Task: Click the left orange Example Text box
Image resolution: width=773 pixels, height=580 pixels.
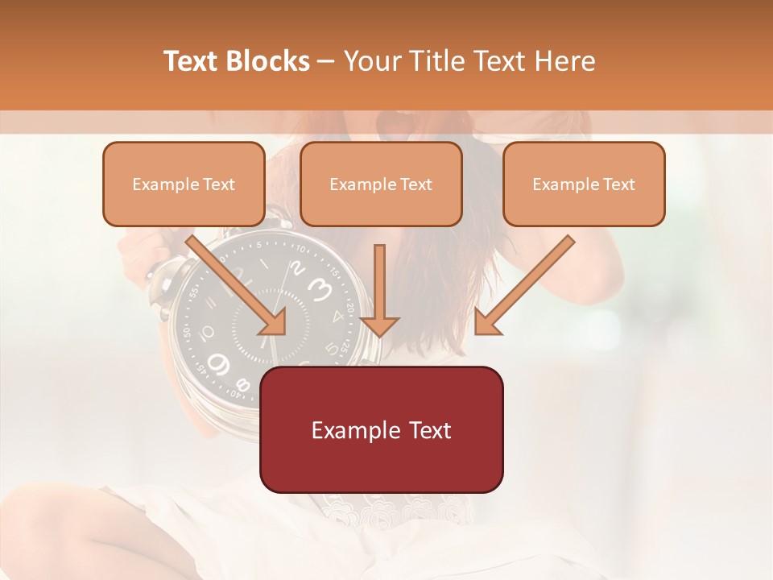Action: click(x=184, y=184)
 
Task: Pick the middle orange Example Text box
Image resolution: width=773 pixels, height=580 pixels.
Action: click(x=381, y=184)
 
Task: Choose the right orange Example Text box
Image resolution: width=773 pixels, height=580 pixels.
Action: click(x=584, y=184)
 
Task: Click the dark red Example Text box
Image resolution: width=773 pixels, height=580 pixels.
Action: click(x=381, y=429)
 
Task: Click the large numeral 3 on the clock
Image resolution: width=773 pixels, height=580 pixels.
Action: click(x=320, y=288)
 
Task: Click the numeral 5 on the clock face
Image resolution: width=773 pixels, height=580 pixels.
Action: click(x=332, y=348)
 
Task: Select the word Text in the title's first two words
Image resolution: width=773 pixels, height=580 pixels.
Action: click(x=192, y=61)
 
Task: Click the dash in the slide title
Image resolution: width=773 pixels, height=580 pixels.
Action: click(x=327, y=62)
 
